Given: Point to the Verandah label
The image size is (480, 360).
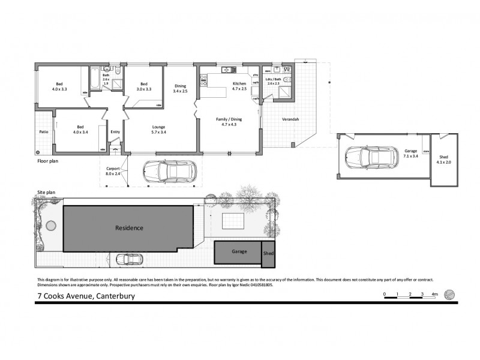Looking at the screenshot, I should click(x=290, y=119).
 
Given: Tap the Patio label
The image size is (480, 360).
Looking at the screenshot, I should click(x=44, y=131).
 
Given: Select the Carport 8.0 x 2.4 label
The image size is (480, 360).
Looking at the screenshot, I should click(x=113, y=172).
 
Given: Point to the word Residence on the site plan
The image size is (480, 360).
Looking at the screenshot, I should click(x=129, y=228).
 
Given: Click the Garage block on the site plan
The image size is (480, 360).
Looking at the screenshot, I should click(x=239, y=252).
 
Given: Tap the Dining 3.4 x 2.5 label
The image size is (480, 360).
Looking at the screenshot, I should click(x=181, y=89).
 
